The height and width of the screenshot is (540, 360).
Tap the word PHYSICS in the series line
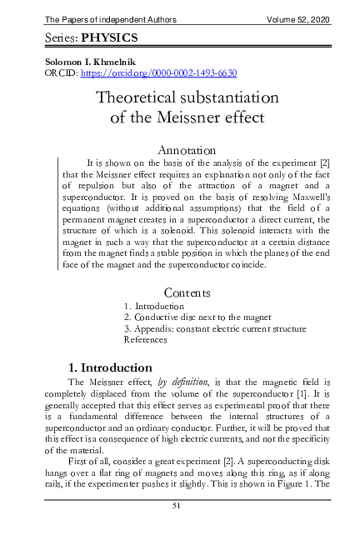point(108,38)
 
